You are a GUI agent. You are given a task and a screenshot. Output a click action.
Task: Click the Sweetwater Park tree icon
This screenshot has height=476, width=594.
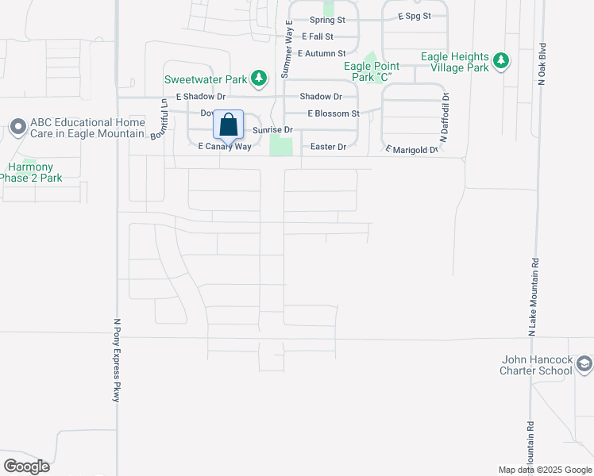tap(258, 78)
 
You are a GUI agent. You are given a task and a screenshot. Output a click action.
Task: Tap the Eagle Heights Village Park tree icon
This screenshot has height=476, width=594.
tap(501, 60)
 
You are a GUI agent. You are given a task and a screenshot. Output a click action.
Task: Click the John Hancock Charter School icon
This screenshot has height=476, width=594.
tap(584, 364)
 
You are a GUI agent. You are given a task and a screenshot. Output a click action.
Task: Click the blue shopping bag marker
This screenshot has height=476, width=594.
tap(228, 125)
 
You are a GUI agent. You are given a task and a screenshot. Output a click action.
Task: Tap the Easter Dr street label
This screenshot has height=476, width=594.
tap(329, 147)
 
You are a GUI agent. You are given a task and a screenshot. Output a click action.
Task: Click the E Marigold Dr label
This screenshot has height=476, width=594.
tap(411, 149)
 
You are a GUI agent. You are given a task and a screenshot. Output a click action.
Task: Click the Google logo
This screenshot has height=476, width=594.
tap(26, 466)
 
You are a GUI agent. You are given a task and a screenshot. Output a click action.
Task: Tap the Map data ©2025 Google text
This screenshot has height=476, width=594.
tap(544, 470)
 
